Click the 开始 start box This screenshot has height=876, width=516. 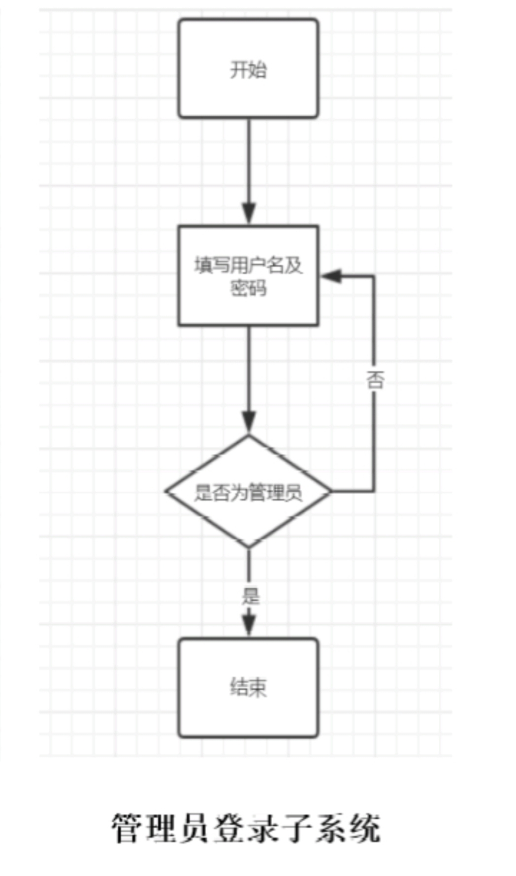coord(248,68)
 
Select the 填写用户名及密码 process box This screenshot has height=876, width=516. coord(248,276)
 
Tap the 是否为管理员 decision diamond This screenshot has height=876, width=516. coord(248,492)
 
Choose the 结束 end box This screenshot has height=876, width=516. coord(248,688)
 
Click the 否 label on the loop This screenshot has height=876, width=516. coord(374,380)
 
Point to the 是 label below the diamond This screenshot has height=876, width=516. coord(250,596)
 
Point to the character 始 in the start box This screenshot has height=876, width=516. coord(258,69)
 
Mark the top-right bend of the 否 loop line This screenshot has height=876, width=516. coord(374,277)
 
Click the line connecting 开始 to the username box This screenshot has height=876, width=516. coord(249,163)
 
